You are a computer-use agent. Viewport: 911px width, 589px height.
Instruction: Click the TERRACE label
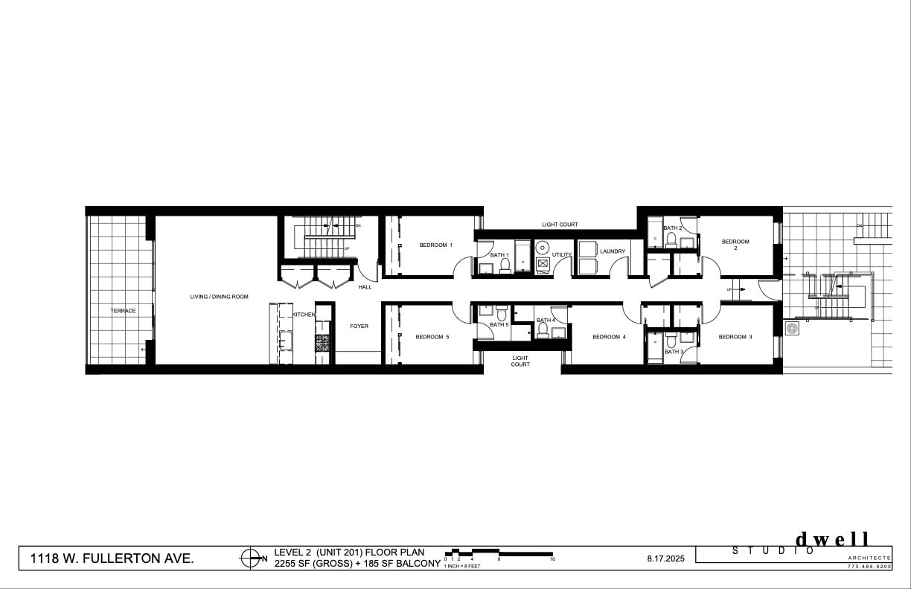tap(124, 311)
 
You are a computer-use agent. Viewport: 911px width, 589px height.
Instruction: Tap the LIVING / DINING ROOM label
tap(219, 297)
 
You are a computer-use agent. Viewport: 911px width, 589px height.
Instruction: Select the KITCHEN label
tap(304, 315)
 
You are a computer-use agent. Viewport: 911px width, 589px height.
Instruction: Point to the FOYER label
tap(359, 326)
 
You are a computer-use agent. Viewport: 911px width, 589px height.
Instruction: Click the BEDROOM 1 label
tap(435, 245)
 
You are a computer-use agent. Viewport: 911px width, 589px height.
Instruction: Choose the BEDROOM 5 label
tap(432, 337)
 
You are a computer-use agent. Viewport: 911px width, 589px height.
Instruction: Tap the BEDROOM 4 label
tap(609, 337)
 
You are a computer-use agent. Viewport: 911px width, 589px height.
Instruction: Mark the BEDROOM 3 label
tap(735, 337)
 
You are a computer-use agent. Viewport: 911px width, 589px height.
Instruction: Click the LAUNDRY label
tap(613, 251)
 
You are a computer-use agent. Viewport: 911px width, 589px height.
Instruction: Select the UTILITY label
tap(562, 255)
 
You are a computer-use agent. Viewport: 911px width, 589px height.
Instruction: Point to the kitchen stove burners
tap(322, 343)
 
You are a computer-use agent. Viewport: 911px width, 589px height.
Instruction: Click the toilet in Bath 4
tap(543, 329)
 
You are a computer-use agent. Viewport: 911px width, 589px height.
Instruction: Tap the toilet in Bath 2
tap(671, 239)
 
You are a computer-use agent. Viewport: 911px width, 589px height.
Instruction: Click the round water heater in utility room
tap(543, 248)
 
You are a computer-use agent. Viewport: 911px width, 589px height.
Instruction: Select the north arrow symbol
tap(252, 558)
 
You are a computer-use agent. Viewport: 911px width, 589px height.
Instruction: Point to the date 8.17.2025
tap(665, 558)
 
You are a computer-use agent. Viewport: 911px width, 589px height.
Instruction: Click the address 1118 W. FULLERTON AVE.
tap(112, 558)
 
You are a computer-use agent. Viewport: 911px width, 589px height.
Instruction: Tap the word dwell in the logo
tap(832, 539)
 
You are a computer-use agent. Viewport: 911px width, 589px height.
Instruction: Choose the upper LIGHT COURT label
tap(560, 225)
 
